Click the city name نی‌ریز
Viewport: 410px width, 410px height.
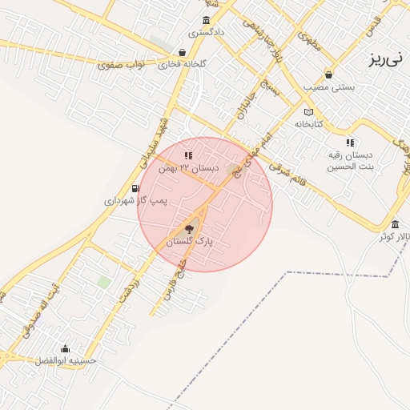[388, 58]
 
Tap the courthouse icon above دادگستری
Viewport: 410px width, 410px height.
[207, 21]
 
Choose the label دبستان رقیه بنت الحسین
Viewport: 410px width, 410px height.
[350, 162]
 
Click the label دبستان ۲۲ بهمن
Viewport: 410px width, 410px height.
[188, 168]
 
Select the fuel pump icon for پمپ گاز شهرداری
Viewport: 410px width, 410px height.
[145, 189]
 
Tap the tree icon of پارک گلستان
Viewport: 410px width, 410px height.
[189, 229]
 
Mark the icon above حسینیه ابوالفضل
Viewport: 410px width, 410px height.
[65, 348]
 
